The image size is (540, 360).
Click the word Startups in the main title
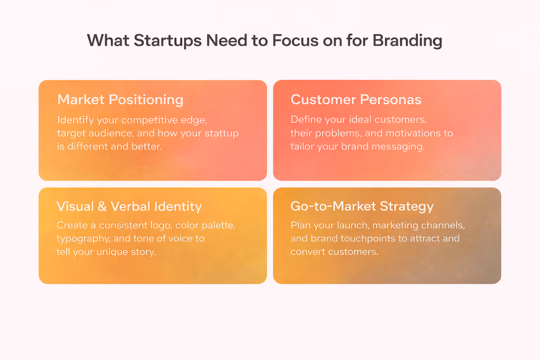click(168, 41)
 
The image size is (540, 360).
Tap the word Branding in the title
click(407, 41)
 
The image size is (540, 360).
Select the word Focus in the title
click(295, 41)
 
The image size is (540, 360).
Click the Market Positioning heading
click(120, 100)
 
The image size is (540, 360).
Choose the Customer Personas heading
click(356, 100)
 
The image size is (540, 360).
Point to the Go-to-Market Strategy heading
click(362, 206)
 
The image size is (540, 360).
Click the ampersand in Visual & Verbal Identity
click(102, 206)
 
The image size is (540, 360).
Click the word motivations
click(413, 133)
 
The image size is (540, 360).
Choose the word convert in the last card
click(308, 252)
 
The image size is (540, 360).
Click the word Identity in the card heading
click(178, 206)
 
